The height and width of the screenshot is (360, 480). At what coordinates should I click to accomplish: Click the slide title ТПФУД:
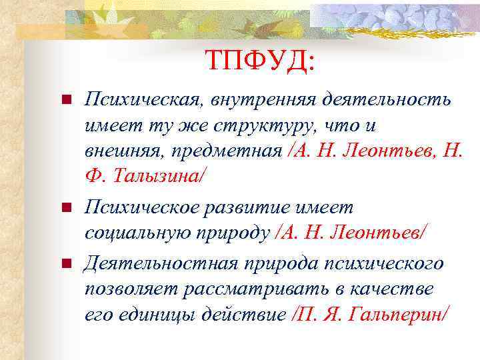[x=260, y=61]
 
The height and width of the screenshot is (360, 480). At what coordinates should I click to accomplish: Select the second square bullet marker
[x=65, y=209]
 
